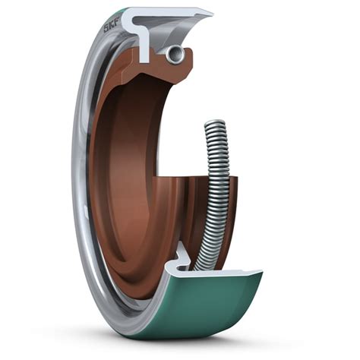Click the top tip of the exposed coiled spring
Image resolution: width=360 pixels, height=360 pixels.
[x=217, y=124]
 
